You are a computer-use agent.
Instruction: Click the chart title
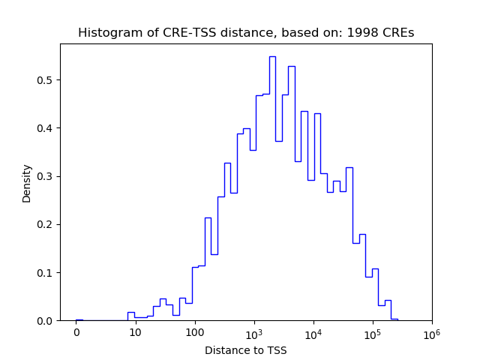tap(246, 33)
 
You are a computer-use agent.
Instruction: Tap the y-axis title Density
tap(27, 183)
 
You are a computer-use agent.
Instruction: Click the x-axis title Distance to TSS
tap(246, 349)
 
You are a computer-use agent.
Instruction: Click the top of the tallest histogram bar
tap(272, 57)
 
